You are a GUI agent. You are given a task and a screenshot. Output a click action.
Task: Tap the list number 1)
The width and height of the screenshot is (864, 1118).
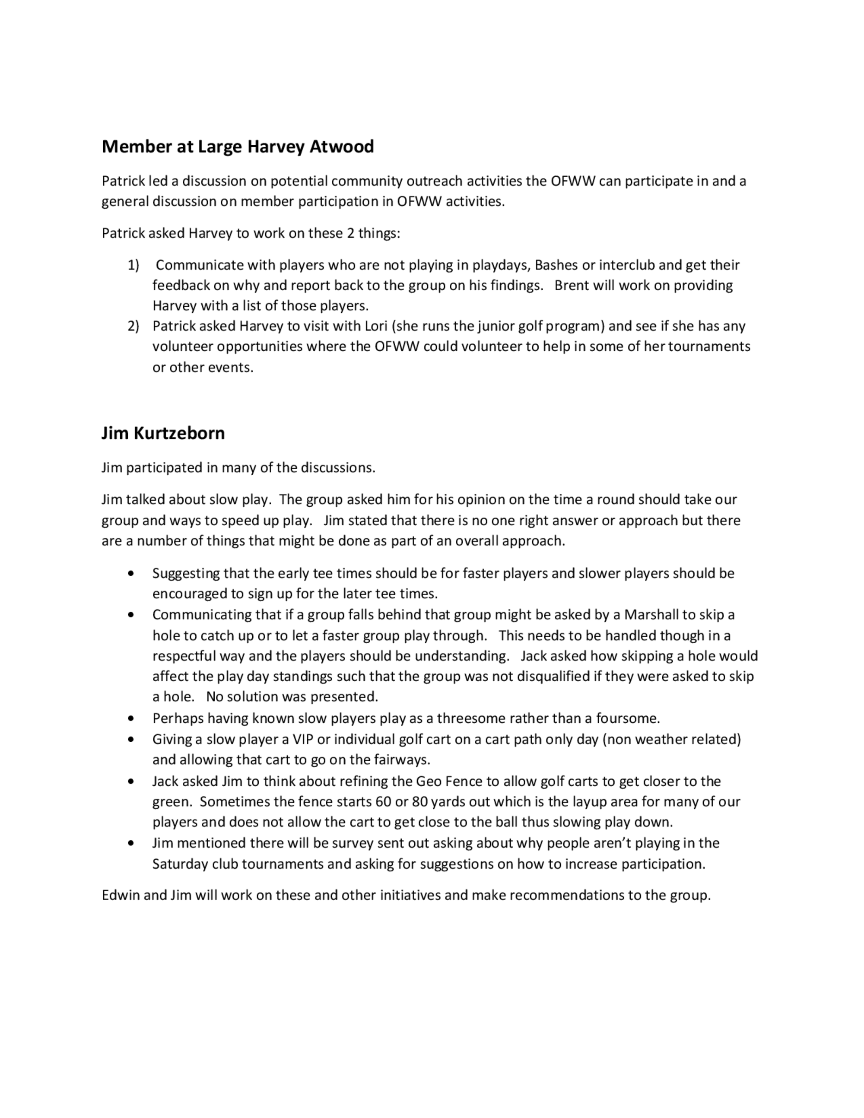[x=133, y=265]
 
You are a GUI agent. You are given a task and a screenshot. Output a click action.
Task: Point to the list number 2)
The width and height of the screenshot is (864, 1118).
[x=133, y=326]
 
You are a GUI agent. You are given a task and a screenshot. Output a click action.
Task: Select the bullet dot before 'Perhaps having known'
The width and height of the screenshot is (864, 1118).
[x=132, y=718]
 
